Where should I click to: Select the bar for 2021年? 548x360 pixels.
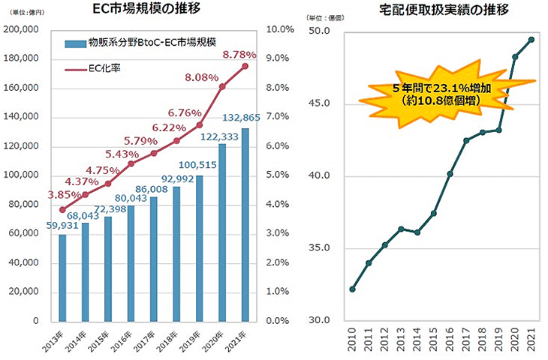[245, 225]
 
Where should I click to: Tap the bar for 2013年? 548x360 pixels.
[62, 277]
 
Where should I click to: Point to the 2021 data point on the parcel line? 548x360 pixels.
[531, 40]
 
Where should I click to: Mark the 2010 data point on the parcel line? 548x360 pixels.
[352, 289]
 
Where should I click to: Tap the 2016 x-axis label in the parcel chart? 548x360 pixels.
[450, 338]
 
